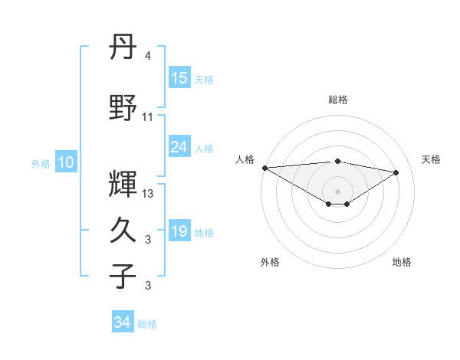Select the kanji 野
point(123,108)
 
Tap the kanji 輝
point(123,183)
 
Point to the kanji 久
point(123,231)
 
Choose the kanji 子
point(123,277)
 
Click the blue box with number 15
point(179,78)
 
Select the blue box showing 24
point(179,147)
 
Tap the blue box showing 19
point(179,231)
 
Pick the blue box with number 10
point(66,162)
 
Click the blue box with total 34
point(123,323)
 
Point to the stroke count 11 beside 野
point(148,117)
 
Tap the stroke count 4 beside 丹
point(148,56)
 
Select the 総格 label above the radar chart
point(337,100)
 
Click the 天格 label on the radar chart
point(432,159)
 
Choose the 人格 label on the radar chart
point(245,159)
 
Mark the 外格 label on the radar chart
point(270,262)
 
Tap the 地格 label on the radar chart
point(402,262)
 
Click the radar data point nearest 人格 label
point(264,167)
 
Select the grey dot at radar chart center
point(337,190)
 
